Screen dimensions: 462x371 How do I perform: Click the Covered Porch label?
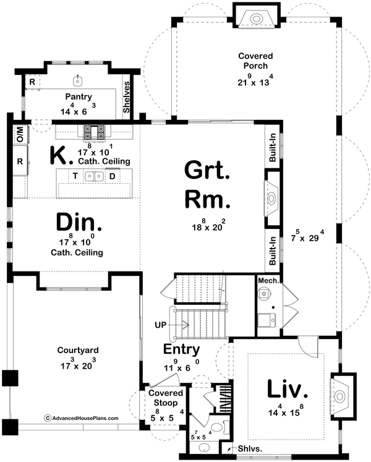tap(255, 61)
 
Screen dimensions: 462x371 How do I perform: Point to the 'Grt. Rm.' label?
tap(207, 184)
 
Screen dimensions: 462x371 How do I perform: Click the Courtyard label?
tap(79, 350)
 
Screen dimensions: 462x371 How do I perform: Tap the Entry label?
tap(181, 349)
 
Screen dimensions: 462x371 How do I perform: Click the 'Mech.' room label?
tap(269, 280)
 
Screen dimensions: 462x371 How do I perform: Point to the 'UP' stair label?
tap(160, 323)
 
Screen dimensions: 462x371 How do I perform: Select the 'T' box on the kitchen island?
tap(75, 176)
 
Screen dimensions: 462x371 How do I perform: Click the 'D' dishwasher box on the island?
tap(112, 176)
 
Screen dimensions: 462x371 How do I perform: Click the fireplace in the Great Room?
tap(272, 198)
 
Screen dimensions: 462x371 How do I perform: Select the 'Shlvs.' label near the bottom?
tap(245, 450)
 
